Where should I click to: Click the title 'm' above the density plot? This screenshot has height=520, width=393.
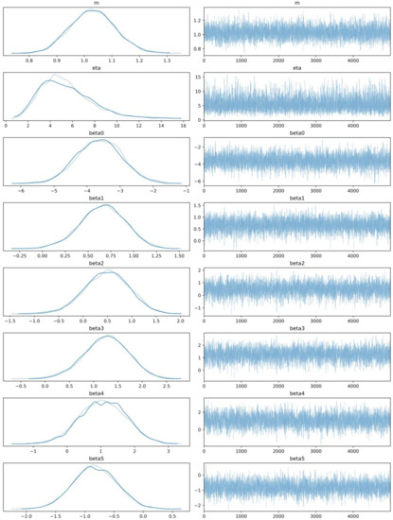(98, 4)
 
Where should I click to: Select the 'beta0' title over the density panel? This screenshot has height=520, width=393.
(98, 133)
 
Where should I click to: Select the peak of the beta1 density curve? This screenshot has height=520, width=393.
(100, 207)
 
